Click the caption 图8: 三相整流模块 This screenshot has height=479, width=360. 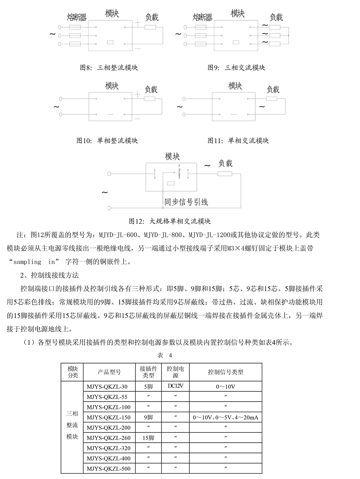click(x=109, y=68)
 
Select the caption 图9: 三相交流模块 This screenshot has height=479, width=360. click(x=236, y=68)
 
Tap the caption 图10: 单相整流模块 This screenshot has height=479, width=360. click(x=107, y=140)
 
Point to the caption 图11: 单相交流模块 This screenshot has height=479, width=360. click(x=238, y=140)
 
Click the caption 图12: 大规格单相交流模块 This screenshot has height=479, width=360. click(x=169, y=221)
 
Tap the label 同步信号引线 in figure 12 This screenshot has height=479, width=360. click(x=186, y=202)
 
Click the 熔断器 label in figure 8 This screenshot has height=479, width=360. click(x=77, y=17)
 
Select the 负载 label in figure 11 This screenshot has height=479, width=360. click(x=273, y=89)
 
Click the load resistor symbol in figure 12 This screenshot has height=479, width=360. click(x=225, y=173)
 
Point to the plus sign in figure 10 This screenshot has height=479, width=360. click(x=137, y=94)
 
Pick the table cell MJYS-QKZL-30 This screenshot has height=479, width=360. click(x=107, y=387)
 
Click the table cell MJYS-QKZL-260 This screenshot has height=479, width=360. click(x=109, y=438)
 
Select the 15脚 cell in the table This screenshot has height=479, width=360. click(x=148, y=438)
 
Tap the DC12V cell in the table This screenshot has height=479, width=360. click(x=175, y=386)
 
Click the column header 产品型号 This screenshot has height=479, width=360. click(x=109, y=372)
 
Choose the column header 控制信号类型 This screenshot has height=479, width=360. click(x=226, y=372)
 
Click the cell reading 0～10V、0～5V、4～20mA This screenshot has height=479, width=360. click(x=226, y=417)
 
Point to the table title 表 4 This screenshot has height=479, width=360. click(x=165, y=355)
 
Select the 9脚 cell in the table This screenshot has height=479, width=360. click(x=148, y=417)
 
